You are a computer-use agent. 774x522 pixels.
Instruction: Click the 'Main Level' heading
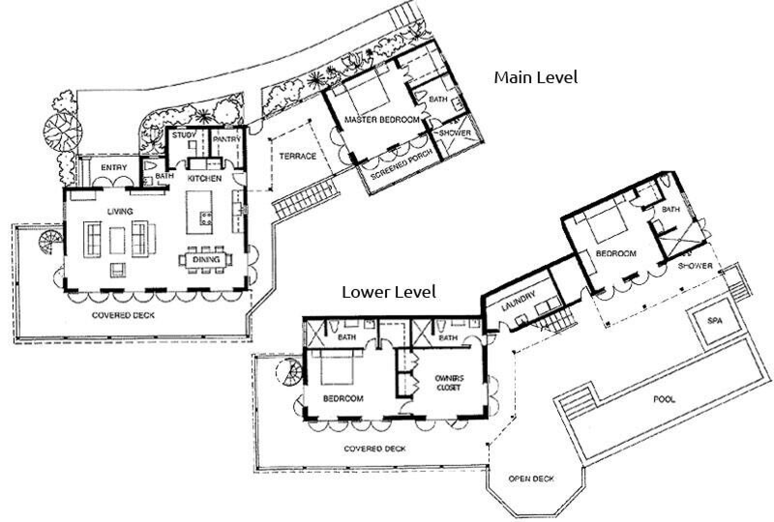pyautogui.click(x=536, y=77)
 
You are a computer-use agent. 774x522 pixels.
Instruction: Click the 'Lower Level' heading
pyautogui.click(x=389, y=292)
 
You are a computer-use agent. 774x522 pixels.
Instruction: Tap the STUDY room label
pyautogui.click(x=184, y=135)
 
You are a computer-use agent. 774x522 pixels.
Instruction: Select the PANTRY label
pyautogui.click(x=227, y=139)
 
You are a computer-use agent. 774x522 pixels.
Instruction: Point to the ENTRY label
pyautogui.click(x=114, y=167)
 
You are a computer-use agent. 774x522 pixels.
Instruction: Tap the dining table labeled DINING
pyautogui.click(x=206, y=260)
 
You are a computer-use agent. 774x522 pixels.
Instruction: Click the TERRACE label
pyautogui.click(x=298, y=156)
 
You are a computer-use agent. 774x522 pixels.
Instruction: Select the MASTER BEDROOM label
pyautogui.click(x=382, y=120)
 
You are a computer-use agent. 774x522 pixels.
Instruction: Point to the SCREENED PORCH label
pyautogui.click(x=402, y=164)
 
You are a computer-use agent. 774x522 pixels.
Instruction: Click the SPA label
pyautogui.click(x=714, y=321)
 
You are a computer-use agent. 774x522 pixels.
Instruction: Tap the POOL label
pyautogui.click(x=664, y=399)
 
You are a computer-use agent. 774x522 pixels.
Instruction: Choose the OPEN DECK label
pyautogui.click(x=531, y=479)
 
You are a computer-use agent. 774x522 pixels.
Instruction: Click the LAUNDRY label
pyautogui.click(x=518, y=301)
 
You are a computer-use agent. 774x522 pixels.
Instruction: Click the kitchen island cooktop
pyautogui.click(x=206, y=218)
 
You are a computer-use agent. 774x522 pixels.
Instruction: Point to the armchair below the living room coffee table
pyautogui.click(x=118, y=270)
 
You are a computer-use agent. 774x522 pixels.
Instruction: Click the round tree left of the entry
pyautogui.click(x=62, y=132)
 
